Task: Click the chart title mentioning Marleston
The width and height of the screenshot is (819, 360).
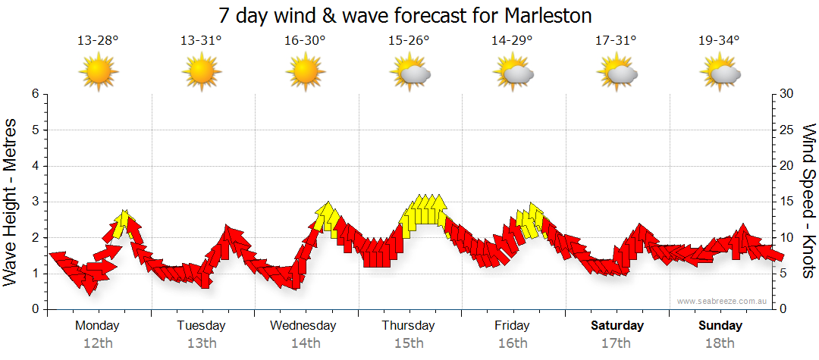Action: pos(405,16)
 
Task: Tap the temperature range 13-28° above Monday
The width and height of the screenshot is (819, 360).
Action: pos(98,41)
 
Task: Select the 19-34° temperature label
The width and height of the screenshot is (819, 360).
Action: pos(719,41)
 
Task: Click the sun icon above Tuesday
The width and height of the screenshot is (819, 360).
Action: pos(202,73)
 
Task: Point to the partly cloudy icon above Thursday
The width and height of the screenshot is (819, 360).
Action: pos(409,73)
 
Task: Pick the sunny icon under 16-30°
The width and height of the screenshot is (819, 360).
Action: pos(305,73)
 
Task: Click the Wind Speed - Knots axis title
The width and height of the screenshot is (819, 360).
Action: pos(808,201)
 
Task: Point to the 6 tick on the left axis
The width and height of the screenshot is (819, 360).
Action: pos(35,94)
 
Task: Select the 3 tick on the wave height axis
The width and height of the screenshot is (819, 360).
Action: pos(35,202)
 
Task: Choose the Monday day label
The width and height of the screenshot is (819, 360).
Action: pos(97,326)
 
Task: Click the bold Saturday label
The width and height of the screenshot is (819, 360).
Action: pos(617,326)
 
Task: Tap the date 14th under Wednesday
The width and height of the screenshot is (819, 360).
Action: pos(305,343)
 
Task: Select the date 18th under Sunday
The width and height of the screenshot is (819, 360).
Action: pos(720,343)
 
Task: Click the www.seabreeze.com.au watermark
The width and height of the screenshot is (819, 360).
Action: pos(723,301)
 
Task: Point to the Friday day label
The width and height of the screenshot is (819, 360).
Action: pos(513,326)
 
